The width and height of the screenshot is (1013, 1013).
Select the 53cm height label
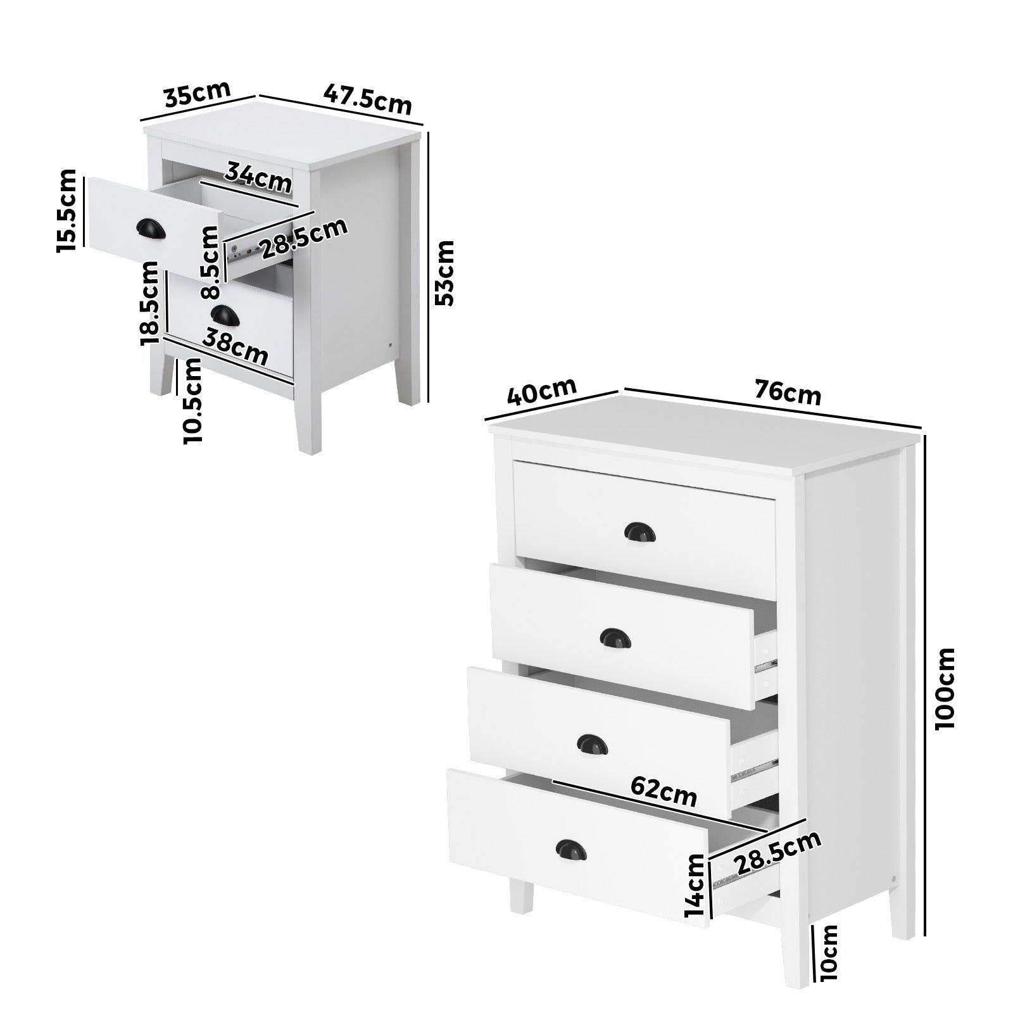446,272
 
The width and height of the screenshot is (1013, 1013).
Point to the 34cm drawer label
258,177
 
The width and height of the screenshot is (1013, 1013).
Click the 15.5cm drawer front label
67,211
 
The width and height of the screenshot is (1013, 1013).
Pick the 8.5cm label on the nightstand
210,262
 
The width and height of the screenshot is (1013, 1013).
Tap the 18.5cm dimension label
150,303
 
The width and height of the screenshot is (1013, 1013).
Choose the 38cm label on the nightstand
235,348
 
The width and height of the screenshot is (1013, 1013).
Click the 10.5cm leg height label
192,400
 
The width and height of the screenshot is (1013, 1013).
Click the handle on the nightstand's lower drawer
222,314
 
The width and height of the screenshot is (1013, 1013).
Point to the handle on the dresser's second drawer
612,638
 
